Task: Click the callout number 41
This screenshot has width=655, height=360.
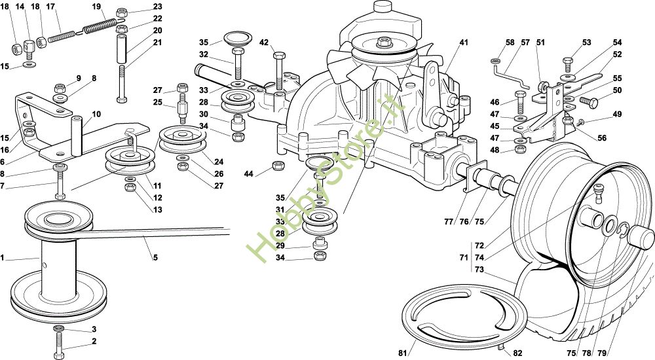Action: click(x=464, y=43)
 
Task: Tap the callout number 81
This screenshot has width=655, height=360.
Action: click(x=402, y=353)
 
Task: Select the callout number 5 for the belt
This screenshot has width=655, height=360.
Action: click(x=155, y=257)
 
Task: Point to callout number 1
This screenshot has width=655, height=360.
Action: click(x=3, y=259)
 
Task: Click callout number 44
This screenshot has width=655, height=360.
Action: click(x=248, y=173)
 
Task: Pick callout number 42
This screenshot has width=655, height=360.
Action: click(x=264, y=43)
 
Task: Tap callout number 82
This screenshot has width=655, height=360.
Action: click(x=517, y=353)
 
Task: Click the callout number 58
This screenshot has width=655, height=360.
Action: click(x=510, y=43)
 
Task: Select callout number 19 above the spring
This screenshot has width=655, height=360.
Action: click(x=96, y=7)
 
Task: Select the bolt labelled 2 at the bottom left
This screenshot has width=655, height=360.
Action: click(x=60, y=342)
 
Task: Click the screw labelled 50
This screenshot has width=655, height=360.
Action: click(x=588, y=101)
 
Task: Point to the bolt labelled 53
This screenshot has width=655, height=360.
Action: click(x=567, y=62)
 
